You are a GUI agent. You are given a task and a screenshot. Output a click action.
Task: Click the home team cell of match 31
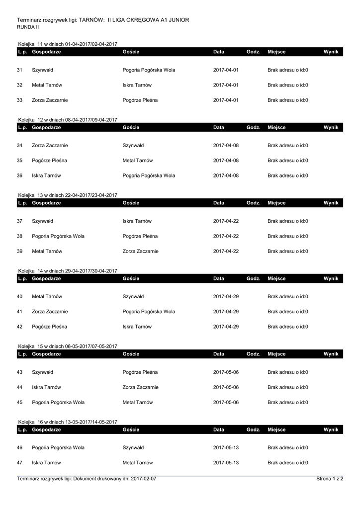click(43, 70)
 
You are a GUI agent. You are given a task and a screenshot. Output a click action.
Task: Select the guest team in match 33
click(140, 100)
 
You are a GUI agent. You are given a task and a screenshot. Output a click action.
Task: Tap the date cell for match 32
click(226, 85)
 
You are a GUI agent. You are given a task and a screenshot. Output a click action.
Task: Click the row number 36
click(20, 175)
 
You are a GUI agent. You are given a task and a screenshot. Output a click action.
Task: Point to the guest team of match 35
click(138, 161)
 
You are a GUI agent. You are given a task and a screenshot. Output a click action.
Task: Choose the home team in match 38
click(58, 236)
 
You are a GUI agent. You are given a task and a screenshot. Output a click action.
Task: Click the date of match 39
click(226, 251)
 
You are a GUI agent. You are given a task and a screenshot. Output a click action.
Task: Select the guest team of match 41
click(149, 312)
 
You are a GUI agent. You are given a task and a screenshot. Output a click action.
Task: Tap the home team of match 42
click(50, 327)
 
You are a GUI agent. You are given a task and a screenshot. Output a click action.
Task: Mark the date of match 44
click(226, 387)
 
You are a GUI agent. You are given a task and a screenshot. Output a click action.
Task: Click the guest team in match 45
click(138, 402)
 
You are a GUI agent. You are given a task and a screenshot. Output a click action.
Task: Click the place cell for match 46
click(288, 447)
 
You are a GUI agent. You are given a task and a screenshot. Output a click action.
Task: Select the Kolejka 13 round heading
click(68, 195)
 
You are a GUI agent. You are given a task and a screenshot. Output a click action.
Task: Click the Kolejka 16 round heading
click(68, 422)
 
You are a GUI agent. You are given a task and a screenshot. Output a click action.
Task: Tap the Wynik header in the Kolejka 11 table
click(331, 52)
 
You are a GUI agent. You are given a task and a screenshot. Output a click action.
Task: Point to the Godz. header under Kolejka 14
click(254, 278)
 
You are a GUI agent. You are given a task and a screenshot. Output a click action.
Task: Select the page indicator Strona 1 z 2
click(330, 479)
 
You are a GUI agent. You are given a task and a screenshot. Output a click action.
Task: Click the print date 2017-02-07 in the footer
click(144, 479)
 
